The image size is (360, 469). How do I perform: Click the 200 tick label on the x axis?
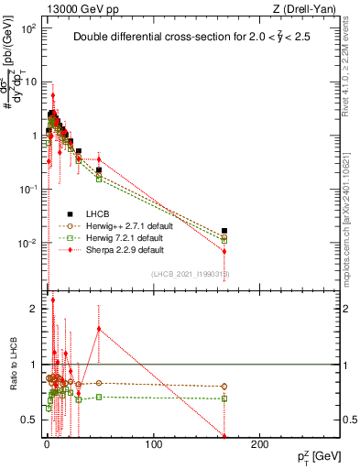coord(260,444)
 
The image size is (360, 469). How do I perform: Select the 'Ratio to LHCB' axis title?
coord(13,365)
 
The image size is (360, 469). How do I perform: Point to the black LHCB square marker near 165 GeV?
coord(224,232)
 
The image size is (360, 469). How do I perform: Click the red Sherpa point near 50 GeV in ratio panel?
coord(99,329)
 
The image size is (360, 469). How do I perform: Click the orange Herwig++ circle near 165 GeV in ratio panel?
coord(224,387)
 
